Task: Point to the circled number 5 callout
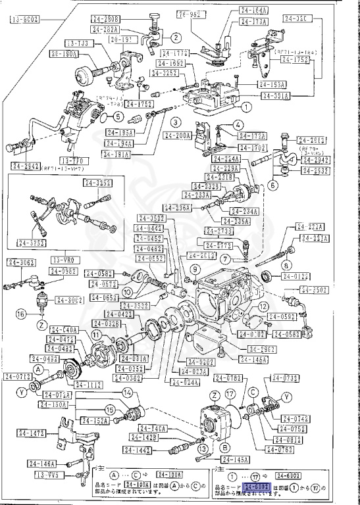[118, 116]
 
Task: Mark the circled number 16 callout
[21, 313]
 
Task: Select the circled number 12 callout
[263, 306]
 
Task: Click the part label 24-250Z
[315, 289]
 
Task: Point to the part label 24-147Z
[32, 433]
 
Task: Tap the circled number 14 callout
[127, 393]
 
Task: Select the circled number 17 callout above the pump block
[230, 395]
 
